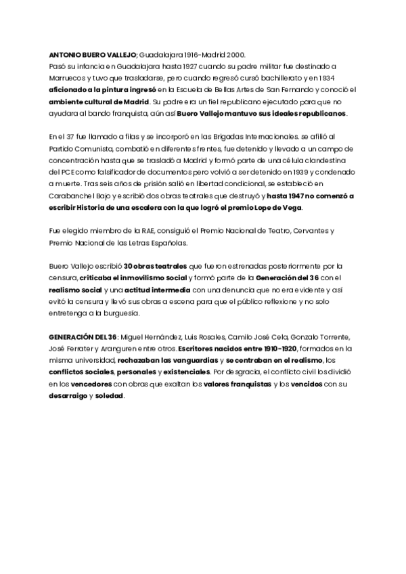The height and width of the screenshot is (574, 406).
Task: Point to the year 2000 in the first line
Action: coord(236,54)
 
